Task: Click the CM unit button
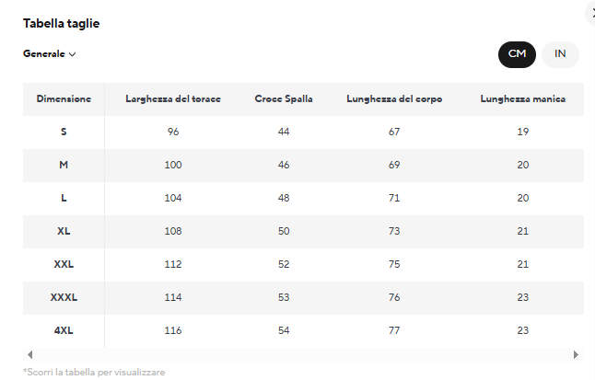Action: (x=517, y=54)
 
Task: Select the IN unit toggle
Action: (x=560, y=54)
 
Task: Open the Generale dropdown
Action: (x=50, y=54)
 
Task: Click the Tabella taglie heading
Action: (x=61, y=24)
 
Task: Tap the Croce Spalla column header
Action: (x=284, y=99)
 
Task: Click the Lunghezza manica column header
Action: (x=522, y=99)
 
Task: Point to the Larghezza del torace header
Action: (x=173, y=99)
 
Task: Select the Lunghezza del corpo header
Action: (x=394, y=99)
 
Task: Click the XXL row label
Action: (x=64, y=264)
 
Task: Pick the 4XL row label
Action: (x=64, y=330)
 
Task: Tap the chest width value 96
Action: (x=173, y=132)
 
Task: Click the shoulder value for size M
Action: (x=284, y=165)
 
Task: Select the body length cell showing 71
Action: (x=394, y=198)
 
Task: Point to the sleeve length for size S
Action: (x=523, y=132)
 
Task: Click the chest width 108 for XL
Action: (x=173, y=231)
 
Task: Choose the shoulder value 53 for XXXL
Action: (x=284, y=297)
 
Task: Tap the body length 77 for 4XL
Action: (x=394, y=330)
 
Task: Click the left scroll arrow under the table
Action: (x=30, y=355)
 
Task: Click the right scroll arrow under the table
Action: (x=576, y=355)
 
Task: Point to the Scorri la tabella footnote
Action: (x=94, y=373)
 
